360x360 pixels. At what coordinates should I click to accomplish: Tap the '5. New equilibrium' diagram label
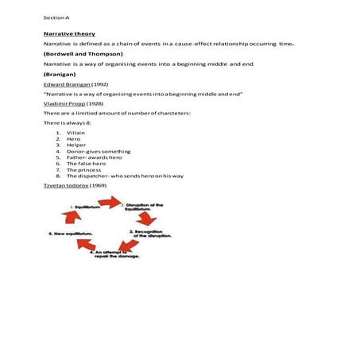[72, 234]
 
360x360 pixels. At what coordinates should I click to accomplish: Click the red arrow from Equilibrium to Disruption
[111, 203]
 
